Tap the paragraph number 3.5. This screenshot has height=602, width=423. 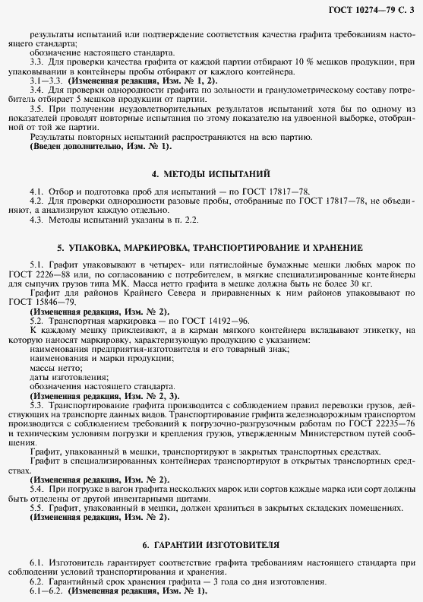point(37,108)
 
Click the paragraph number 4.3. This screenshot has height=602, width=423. point(37,220)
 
